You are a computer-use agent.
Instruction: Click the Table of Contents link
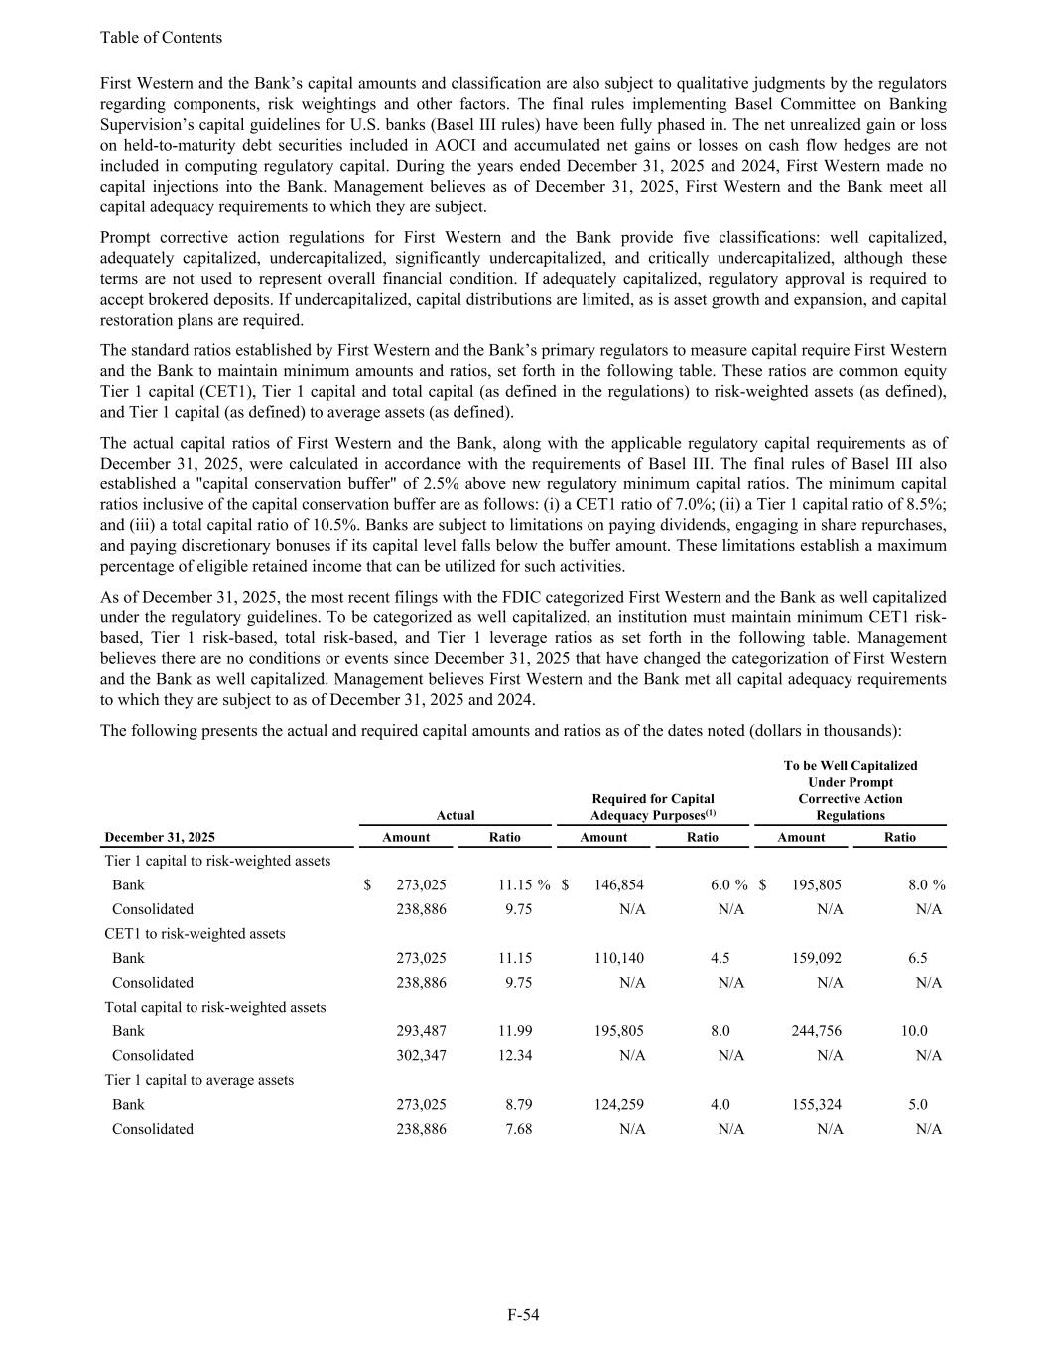tap(161, 38)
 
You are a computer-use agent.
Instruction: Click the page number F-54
tap(523, 1315)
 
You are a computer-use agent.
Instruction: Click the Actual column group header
tap(456, 815)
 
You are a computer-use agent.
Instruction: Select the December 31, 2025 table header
tap(160, 837)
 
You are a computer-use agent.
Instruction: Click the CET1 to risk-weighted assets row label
tap(195, 933)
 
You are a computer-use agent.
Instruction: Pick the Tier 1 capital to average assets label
tap(198, 1079)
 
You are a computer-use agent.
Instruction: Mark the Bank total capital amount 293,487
tap(421, 1031)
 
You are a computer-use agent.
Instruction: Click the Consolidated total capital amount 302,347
tap(421, 1055)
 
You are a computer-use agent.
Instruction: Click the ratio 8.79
tap(518, 1104)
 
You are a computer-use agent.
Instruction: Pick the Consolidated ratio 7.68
tap(518, 1129)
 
